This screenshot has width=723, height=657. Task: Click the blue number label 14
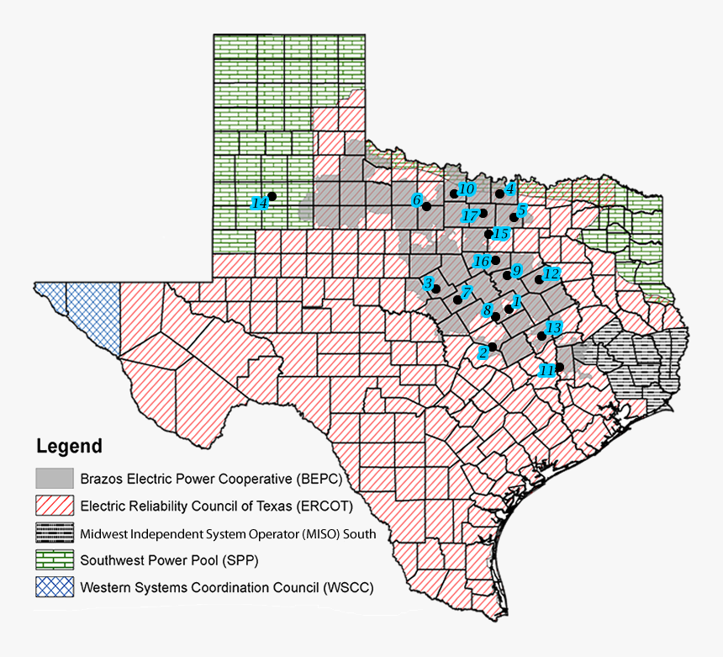pos(260,203)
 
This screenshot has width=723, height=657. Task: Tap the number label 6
pos(416,200)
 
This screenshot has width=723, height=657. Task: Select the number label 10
pos(467,188)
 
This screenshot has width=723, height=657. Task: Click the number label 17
pos(471,216)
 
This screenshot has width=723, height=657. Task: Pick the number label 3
pos(427,283)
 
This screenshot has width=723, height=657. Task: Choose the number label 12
pos(551,273)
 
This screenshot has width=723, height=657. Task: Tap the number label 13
pos(553,327)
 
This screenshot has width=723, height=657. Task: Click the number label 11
pos(547,370)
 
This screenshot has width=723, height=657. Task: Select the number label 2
pos(483,352)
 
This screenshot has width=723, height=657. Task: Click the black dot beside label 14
pos(272,196)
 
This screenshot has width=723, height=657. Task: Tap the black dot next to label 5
pos(514,217)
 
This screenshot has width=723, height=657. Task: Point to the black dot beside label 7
pos(457,299)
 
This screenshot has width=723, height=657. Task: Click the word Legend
pos(69,447)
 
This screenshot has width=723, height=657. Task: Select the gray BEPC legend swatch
pos(55,479)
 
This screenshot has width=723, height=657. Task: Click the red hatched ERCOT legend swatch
pos(55,506)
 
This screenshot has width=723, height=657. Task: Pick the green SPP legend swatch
pos(55,559)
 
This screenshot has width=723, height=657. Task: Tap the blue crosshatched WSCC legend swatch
pos(55,586)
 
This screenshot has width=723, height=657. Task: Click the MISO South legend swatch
pos(55,532)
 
